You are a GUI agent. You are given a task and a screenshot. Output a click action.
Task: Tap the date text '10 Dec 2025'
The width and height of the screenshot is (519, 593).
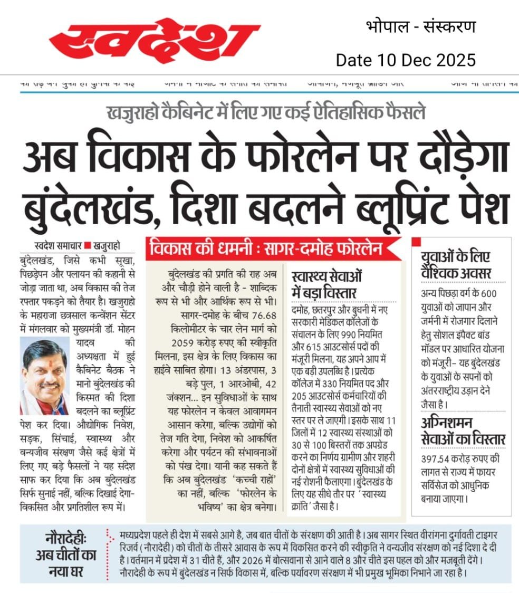(x=428, y=60)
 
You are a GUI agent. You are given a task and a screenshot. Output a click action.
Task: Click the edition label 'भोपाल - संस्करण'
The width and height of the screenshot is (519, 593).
(x=420, y=27)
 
